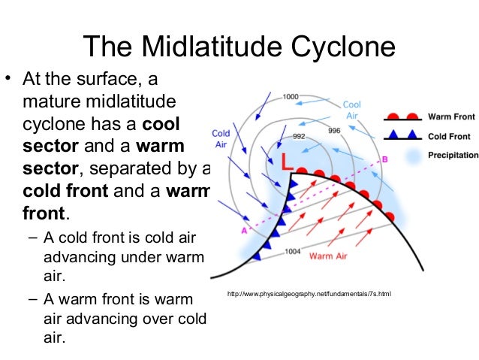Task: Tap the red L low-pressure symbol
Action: coord(286,162)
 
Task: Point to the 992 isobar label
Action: coord(299,136)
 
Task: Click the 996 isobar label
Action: coord(336,130)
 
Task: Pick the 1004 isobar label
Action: coord(294,252)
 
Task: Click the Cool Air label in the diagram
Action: coord(352,110)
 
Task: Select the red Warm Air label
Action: coord(330,256)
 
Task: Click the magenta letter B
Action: coord(384,159)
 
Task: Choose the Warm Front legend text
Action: coord(449,117)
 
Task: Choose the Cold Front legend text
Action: coord(449,136)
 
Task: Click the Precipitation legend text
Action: coord(453,155)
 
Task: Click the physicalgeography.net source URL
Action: coord(309,293)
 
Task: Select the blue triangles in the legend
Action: coord(402,136)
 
